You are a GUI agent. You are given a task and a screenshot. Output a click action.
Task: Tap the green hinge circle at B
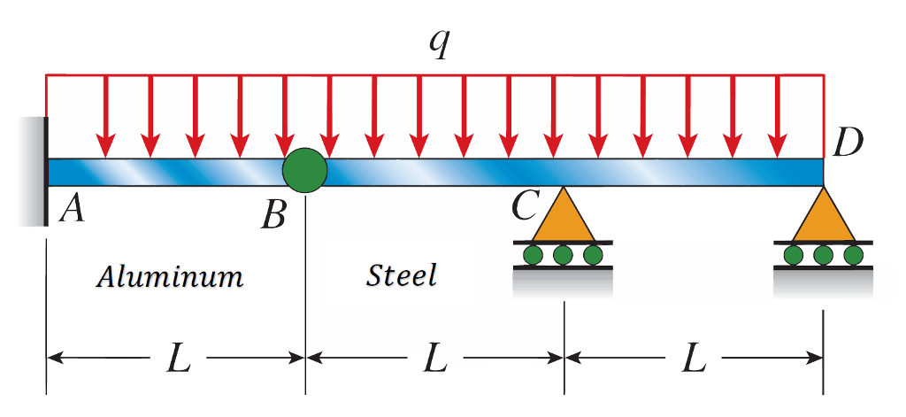coord(305,167)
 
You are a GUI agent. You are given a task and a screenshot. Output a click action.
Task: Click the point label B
coord(273,214)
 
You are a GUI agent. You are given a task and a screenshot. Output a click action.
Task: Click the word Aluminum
coord(170,277)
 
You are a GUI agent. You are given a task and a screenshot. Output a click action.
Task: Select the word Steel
coord(402,276)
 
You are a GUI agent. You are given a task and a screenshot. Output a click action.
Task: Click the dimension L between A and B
coord(179,359)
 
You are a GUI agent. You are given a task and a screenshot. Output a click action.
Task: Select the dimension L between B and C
coord(435,359)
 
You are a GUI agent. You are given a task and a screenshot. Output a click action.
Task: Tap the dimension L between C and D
coord(694,359)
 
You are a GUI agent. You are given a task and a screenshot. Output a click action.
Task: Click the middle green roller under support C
coord(563,256)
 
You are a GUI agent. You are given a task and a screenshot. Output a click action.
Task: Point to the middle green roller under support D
coord(824,256)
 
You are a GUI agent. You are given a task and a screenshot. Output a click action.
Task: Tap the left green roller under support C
coord(533,256)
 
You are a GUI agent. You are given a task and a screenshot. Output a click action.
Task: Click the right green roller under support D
coord(853,256)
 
